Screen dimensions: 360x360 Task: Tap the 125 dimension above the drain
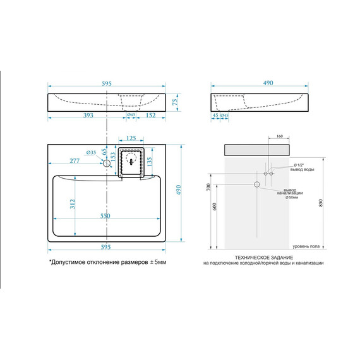(131, 138)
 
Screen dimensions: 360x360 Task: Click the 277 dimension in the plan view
(75, 162)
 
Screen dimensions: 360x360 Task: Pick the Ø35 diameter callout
(91, 152)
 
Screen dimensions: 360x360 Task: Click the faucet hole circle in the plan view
(107, 163)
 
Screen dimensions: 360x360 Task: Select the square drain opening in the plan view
(131, 162)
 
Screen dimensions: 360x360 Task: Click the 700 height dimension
(208, 187)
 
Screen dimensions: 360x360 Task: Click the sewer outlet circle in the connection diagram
(257, 184)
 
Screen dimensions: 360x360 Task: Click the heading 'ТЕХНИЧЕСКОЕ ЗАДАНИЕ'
(263, 258)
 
